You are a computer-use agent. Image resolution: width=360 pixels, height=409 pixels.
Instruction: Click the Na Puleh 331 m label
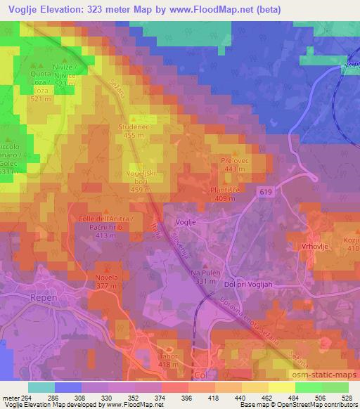pyautogui.click(x=205, y=276)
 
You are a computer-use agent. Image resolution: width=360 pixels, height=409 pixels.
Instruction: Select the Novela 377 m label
pyautogui.click(x=107, y=281)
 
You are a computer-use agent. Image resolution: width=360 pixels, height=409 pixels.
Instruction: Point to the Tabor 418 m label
pyautogui.click(x=166, y=360)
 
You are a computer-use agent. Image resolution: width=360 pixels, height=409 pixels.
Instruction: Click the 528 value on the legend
pyautogui.click(x=345, y=397)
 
